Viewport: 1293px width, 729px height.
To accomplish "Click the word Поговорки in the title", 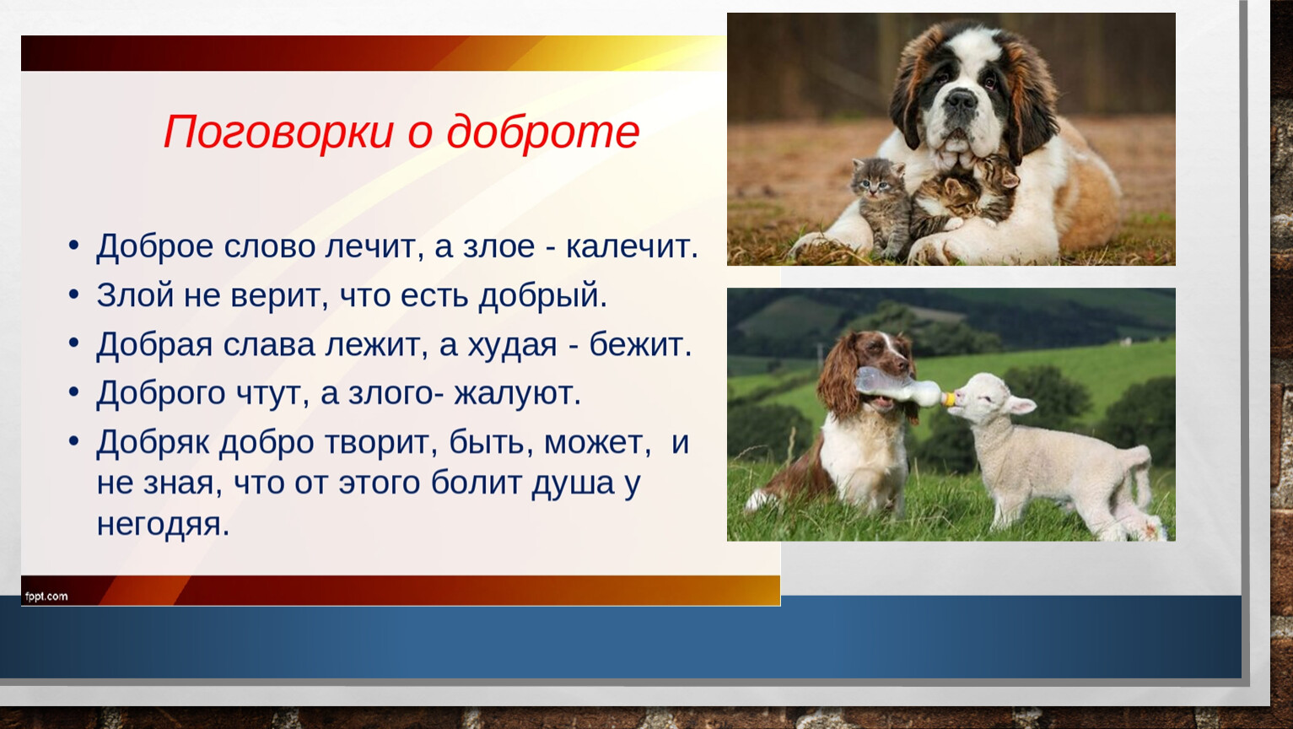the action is [279, 132].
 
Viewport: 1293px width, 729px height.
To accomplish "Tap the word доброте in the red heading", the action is [543, 132].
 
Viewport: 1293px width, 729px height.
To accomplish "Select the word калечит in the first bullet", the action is [632, 246].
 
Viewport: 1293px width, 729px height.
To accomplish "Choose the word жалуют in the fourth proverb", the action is [517, 393].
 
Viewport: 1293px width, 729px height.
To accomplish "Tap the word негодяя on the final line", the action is [163, 525].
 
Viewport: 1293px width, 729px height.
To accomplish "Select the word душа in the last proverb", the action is [573, 484].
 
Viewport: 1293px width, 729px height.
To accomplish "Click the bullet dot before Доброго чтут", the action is [74, 391].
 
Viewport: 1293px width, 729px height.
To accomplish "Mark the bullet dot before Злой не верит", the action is [74, 294].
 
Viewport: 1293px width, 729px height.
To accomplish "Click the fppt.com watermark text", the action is [46, 597].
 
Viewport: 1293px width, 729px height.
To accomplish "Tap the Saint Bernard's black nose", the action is [961, 100].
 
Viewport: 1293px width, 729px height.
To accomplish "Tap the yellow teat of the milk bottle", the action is [948, 398].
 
